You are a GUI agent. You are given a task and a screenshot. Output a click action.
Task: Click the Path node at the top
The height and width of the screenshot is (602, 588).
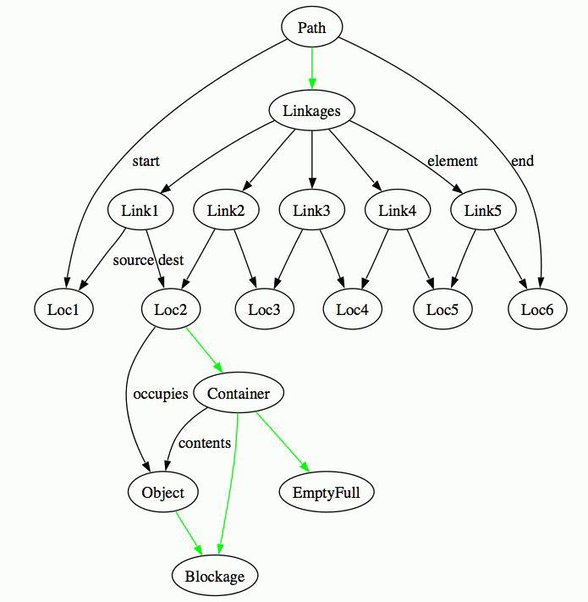(x=311, y=28)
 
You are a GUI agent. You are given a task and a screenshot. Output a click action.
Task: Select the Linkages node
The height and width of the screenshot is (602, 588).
(x=311, y=111)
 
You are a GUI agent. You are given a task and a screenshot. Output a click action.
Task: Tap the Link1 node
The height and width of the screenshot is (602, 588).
(x=140, y=210)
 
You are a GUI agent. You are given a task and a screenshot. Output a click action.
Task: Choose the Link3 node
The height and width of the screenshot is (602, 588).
(x=311, y=210)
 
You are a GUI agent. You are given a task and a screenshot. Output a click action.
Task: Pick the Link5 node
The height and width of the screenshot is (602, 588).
(x=483, y=210)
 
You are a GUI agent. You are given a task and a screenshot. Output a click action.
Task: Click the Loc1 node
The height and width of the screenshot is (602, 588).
(x=63, y=310)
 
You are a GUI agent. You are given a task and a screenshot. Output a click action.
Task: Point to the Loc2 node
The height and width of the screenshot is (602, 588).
(x=171, y=310)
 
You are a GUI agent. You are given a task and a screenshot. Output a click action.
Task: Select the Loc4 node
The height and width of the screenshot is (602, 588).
(x=352, y=310)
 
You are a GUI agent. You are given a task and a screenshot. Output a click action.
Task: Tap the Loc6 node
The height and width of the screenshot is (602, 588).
(x=537, y=310)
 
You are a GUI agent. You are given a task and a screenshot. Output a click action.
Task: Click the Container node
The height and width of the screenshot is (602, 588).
(x=238, y=393)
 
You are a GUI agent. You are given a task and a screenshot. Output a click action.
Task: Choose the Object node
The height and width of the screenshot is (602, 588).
(x=163, y=492)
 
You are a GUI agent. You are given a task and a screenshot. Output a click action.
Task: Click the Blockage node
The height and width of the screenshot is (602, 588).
(x=214, y=577)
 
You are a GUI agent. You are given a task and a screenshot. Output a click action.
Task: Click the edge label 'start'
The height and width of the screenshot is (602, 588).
(x=146, y=161)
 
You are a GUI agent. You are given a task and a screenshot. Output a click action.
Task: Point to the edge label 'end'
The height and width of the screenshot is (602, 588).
(x=523, y=161)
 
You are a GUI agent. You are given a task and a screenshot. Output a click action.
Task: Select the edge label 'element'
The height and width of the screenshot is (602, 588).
(x=452, y=161)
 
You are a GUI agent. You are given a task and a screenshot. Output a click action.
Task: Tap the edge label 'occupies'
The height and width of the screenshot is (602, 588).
(x=161, y=394)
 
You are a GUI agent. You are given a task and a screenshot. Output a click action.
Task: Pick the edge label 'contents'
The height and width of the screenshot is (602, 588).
(x=205, y=443)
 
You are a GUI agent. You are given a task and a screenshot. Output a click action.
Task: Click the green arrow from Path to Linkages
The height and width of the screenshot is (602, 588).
(x=311, y=68)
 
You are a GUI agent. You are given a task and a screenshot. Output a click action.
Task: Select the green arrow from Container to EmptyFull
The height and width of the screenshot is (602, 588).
(x=281, y=442)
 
